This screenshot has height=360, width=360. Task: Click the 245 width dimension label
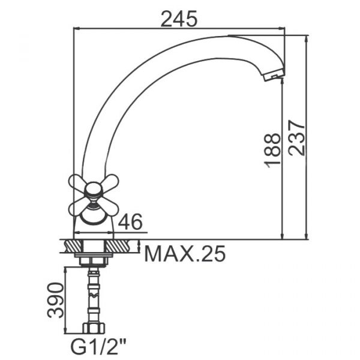179,19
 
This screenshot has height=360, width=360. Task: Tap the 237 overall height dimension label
296,138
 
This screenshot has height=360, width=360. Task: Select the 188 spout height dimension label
272,151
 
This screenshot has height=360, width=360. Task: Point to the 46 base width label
130,221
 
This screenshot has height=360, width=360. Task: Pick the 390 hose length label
55,300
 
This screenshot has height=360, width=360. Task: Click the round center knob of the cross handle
93,190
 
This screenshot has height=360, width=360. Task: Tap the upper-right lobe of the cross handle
110,182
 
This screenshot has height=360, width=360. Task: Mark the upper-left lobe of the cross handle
77,182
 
